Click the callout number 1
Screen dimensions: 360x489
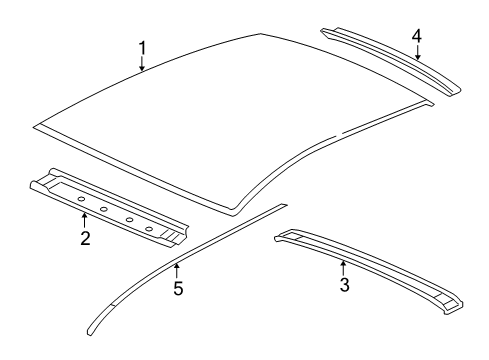click(x=142, y=47)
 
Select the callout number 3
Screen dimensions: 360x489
click(x=343, y=285)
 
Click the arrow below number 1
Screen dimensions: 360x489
click(x=142, y=65)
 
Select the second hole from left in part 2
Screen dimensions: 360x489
click(x=104, y=209)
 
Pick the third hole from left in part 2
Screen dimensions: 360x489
click(x=127, y=219)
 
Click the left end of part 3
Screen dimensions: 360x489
click(x=280, y=236)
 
